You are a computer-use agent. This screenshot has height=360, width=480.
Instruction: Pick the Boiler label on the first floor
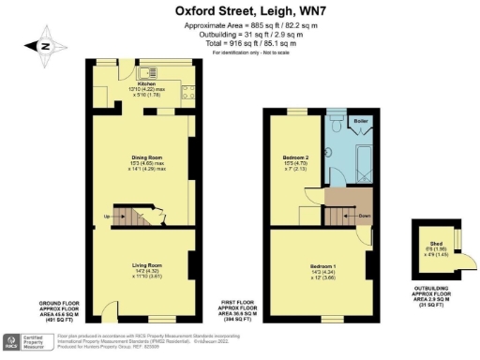(x=361, y=122)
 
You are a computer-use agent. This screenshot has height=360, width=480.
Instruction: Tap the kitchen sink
(x=148, y=71)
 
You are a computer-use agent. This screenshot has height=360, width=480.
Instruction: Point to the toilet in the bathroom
(x=335, y=122)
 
